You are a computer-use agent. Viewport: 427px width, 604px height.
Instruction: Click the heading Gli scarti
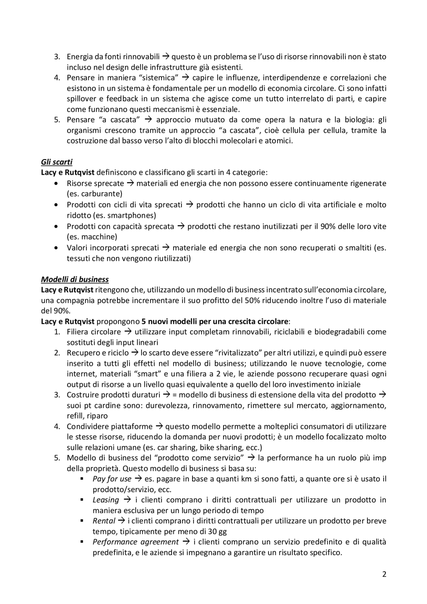[56, 162]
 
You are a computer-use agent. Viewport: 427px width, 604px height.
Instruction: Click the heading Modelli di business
[75, 279]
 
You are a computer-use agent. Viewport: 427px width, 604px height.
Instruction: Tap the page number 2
[384, 574]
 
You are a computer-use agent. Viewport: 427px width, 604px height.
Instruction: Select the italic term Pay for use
[112, 479]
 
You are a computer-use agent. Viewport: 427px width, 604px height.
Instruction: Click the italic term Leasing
[106, 500]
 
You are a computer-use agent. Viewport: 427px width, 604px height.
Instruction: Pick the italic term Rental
[104, 521]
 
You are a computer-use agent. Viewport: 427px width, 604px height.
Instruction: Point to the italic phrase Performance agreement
[135, 542]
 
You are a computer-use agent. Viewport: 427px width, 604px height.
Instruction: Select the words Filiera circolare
[94, 332]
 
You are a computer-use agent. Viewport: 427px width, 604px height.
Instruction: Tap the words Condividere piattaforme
[109, 427]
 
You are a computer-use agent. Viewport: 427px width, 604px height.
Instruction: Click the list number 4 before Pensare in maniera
[57, 78]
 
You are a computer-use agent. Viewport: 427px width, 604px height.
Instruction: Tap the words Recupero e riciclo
[97, 353]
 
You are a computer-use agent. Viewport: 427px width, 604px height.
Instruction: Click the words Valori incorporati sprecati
[113, 248]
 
